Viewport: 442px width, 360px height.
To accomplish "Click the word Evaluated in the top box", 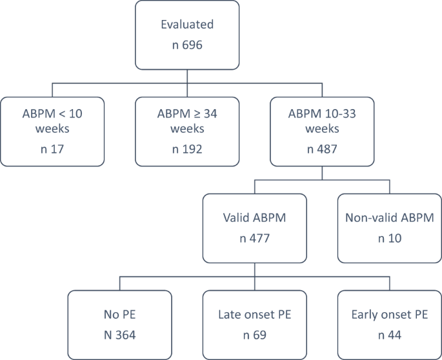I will (187, 25).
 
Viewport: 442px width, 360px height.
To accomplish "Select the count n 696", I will (187, 47).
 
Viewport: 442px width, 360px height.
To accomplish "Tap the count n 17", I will (52, 150).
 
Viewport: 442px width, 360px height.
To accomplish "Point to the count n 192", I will (187, 150).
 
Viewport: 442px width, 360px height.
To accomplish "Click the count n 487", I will (322, 150).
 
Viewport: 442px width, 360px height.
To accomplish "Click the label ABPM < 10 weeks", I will (52, 120).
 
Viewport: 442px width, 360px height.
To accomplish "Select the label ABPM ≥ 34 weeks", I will (187, 120).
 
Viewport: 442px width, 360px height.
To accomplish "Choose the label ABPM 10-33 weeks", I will (322, 120).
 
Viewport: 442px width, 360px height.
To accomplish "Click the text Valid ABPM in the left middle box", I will (254, 217).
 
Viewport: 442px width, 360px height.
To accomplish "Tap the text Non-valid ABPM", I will (389, 217).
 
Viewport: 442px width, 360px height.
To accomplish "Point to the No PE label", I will (120, 315).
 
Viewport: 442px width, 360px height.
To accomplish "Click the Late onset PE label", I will (254, 315).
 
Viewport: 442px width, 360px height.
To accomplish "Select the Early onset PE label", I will (389, 315).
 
